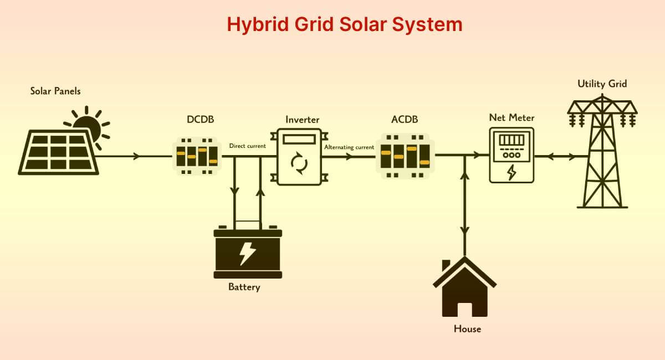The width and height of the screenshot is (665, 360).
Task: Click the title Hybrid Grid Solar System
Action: click(344, 25)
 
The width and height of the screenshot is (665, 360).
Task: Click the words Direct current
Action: click(248, 146)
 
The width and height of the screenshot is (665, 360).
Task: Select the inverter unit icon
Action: click(299, 157)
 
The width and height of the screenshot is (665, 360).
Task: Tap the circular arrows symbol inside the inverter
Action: click(299, 163)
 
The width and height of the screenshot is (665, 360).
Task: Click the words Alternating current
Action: click(349, 147)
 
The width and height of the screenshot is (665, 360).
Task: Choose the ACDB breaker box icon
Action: click(405, 157)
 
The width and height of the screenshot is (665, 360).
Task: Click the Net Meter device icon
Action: click(511, 155)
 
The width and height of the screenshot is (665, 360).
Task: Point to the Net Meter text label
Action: click(511, 117)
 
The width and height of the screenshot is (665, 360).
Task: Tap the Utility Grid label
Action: click(602, 84)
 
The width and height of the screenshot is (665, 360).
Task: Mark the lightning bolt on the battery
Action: click(247, 253)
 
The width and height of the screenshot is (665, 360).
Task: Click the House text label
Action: click(467, 328)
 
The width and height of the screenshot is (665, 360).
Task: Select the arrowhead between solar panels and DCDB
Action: click(136, 157)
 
